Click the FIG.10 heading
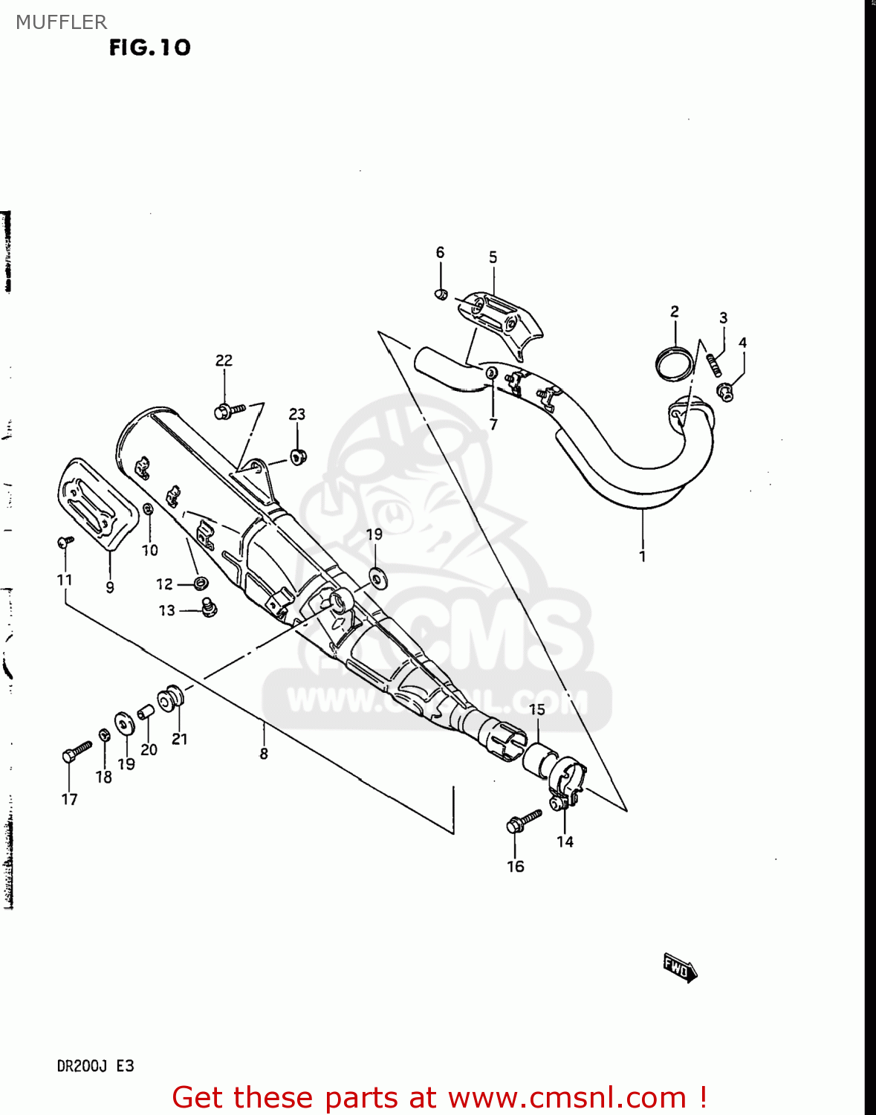pos(149,48)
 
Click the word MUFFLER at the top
pos(61,22)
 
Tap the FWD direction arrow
pos(680,968)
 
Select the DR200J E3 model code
pos(95,1066)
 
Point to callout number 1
pos(642,556)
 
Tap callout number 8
pos(264,754)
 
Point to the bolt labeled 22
pos(229,410)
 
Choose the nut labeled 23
pos(299,456)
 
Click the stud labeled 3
pos(715,364)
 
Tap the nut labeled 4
pos(726,391)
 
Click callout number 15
pos(537,709)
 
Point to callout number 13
pos(167,610)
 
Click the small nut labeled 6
pos(440,294)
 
